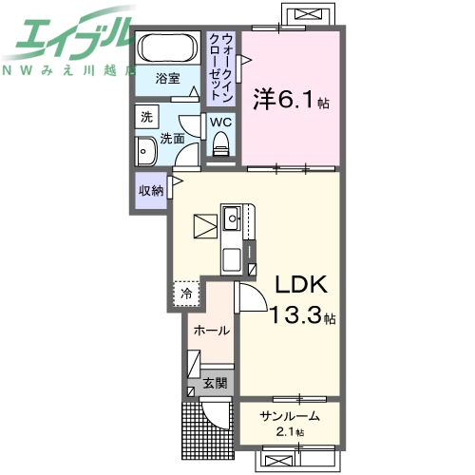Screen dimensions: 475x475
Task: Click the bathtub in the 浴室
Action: pyautogui.click(x=168, y=47)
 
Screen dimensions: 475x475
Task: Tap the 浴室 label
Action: pyautogui.click(x=167, y=78)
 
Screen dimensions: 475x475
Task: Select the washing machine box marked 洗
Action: pyautogui.click(x=146, y=117)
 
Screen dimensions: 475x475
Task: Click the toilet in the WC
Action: pyautogui.click(x=220, y=144)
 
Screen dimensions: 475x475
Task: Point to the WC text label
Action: pyautogui.click(x=220, y=122)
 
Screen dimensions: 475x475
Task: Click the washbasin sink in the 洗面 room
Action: pyautogui.click(x=145, y=151)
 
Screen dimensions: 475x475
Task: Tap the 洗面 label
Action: pyautogui.click(x=172, y=139)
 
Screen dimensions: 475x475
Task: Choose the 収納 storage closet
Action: pyautogui.click(x=151, y=190)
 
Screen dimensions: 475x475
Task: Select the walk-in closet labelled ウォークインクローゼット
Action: pyautogui.click(x=221, y=68)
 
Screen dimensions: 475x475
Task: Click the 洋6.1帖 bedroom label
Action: pyautogui.click(x=291, y=99)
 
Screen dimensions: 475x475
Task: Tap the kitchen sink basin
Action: pyautogui.click(x=233, y=218)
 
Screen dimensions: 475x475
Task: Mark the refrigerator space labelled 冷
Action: pyautogui.click(x=186, y=294)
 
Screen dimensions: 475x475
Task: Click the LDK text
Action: pyautogui.click(x=301, y=284)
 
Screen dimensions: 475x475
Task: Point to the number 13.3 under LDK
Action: pyautogui.click(x=294, y=314)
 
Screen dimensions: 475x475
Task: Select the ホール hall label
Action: pyautogui.click(x=212, y=331)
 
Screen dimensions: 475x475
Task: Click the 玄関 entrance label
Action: pyautogui.click(x=215, y=383)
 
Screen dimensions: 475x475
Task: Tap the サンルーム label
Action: pyautogui.click(x=290, y=416)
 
